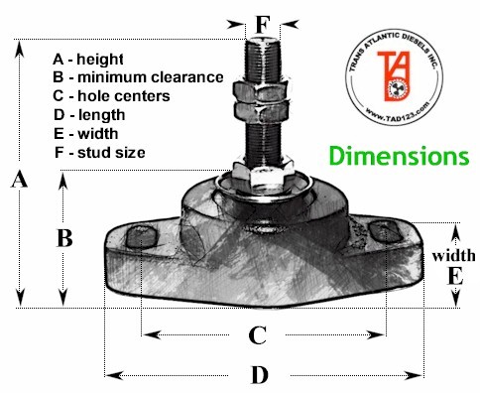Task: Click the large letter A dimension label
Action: pos(19,181)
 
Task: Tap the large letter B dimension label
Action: pos(64,238)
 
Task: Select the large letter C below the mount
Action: pos(258,335)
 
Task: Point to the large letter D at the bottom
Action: pos(260,375)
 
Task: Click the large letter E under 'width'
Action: pos(455,276)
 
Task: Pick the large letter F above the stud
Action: pos(263,25)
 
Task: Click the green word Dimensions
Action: pos(400,156)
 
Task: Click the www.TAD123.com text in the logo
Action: pos(398,113)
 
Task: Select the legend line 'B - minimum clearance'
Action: pos(138,77)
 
